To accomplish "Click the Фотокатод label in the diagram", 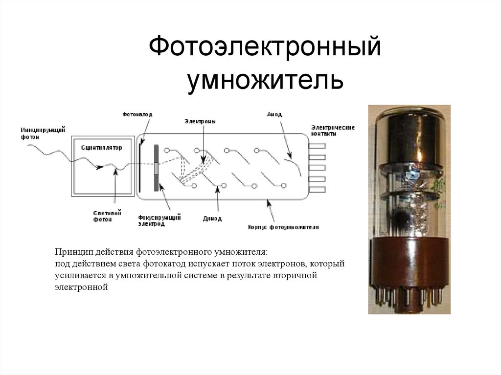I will (x=137, y=114).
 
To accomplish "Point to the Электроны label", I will (x=200, y=121).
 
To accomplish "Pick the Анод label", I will (x=274, y=114).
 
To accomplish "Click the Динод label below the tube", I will (x=212, y=219).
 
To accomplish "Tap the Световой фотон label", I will (x=107, y=216).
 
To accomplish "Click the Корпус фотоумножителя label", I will (x=283, y=227).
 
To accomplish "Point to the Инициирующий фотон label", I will (x=37, y=133).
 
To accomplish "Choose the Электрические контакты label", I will (x=332, y=130).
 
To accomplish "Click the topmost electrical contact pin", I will (x=318, y=146).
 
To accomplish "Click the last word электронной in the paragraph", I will (x=81, y=287).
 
